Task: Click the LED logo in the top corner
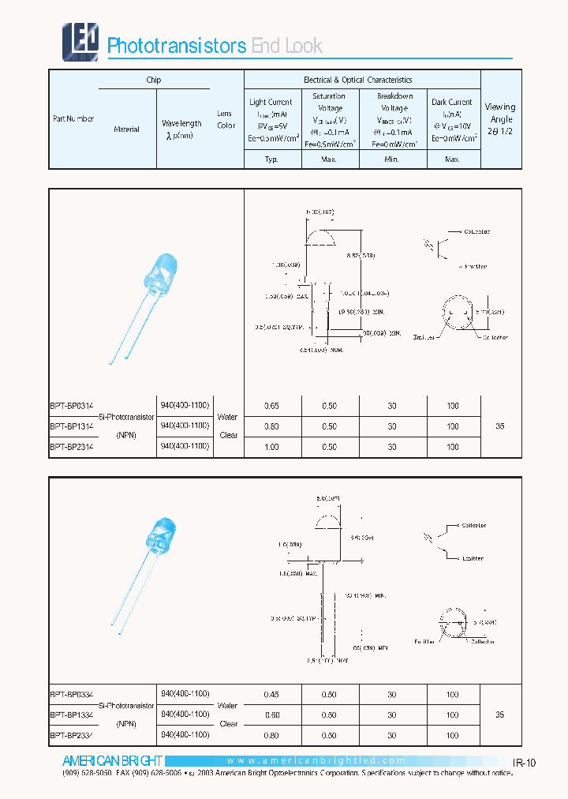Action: tap(80, 39)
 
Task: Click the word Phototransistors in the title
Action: tap(177, 46)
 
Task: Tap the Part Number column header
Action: tap(73, 118)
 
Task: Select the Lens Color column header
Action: tap(226, 119)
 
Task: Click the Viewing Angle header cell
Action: tap(500, 118)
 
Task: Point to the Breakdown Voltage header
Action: tap(394, 108)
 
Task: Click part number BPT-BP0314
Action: tap(73, 405)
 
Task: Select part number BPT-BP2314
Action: tap(73, 447)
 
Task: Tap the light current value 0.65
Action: tap(271, 406)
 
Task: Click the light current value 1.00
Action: tap(271, 447)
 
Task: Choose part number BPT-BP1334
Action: tap(73, 715)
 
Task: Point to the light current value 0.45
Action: tap(271, 694)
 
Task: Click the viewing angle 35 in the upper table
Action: tap(499, 426)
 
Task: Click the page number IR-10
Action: tap(524, 763)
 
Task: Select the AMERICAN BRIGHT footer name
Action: tap(112, 761)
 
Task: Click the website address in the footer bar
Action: tap(316, 761)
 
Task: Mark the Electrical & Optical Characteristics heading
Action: tap(357, 80)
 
